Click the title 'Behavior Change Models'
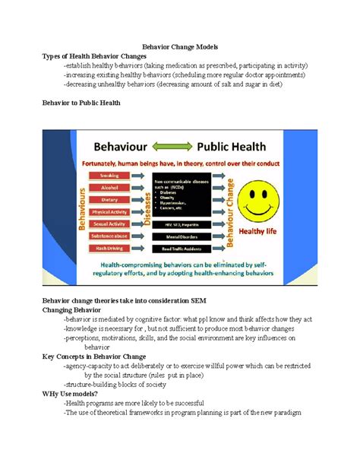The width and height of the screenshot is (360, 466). (x=180, y=46)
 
